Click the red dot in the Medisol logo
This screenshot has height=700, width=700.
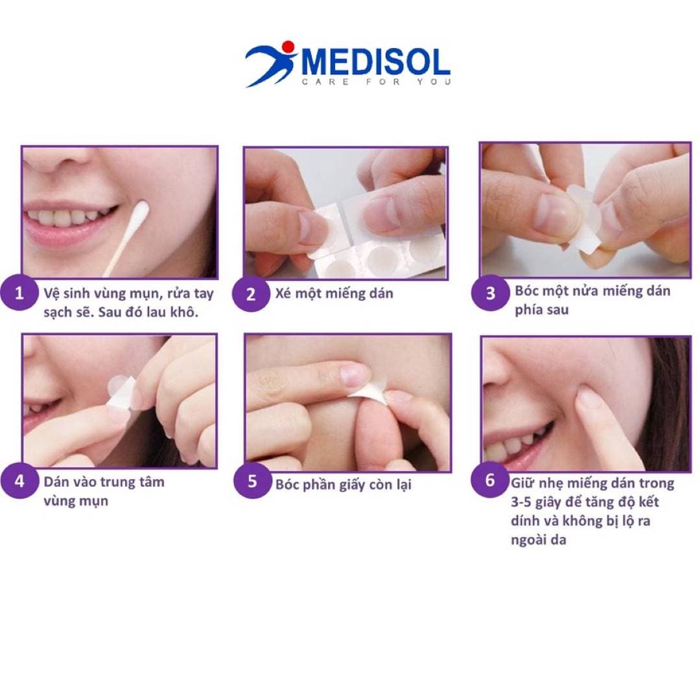288,47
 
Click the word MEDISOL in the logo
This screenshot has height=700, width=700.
376,62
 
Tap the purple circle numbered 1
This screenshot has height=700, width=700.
19,293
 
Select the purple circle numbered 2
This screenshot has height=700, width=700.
251,294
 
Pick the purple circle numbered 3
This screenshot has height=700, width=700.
490,292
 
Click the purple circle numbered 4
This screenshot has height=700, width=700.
19,481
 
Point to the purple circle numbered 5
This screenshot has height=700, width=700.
252,480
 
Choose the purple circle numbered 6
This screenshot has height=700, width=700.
490,480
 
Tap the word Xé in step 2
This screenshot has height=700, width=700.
283,294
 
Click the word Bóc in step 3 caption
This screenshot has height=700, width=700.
526,290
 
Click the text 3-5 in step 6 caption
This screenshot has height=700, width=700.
521,502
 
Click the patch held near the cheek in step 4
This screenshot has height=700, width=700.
121,391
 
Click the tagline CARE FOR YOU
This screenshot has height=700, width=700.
377,82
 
